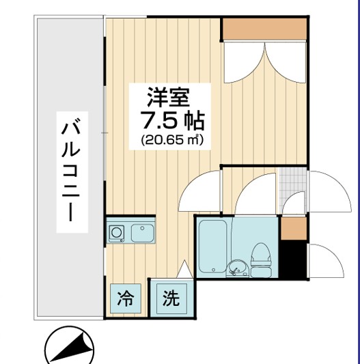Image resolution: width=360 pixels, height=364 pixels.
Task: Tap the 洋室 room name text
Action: pyautogui.click(x=166, y=95)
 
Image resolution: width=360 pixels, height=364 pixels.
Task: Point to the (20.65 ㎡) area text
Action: pyautogui.click(x=173, y=140)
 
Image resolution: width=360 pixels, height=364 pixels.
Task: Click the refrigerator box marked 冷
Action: pyautogui.click(x=126, y=298)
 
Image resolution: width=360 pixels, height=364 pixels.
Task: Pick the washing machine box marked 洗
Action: pyautogui.click(x=171, y=298)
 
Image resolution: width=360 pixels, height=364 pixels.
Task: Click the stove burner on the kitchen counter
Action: pyautogui.click(x=116, y=234)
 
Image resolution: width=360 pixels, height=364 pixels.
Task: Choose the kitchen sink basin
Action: pyautogui.click(x=143, y=233)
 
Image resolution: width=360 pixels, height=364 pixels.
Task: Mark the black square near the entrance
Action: pyautogui.click(x=294, y=259)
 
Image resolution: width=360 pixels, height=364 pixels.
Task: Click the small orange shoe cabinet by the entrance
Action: pyautogui.click(x=294, y=227)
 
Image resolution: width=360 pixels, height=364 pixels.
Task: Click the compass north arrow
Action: pyautogui.click(x=68, y=348)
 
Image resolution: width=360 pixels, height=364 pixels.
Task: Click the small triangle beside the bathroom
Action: pyautogui.click(x=183, y=270)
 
